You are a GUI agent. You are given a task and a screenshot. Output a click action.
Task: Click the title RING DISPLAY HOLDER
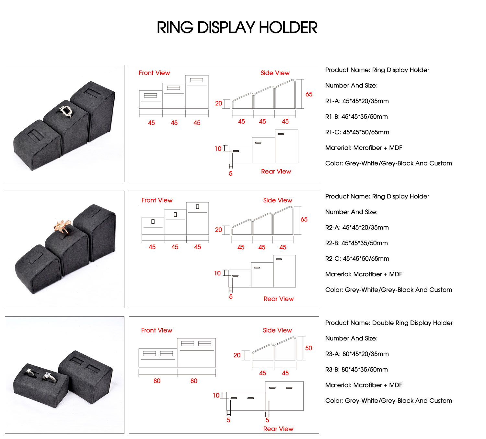click(x=237, y=28)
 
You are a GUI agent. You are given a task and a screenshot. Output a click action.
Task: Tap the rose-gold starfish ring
click(x=63, y=226)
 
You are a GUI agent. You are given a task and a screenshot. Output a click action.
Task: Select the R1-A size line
click(x=357, y=101)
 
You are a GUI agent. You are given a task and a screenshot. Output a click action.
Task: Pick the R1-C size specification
click(x=357, y=132)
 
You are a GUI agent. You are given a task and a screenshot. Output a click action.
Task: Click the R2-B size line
click(x=356, y=243)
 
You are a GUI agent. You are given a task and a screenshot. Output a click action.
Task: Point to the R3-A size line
click(x=357, y=354)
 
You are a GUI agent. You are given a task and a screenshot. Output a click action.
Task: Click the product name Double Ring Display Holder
click(x=389, y=323)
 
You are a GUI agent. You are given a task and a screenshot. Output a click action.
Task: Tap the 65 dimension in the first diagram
click(x=309, y=94)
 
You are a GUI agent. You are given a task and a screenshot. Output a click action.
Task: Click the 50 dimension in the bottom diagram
click(x=308, y=348)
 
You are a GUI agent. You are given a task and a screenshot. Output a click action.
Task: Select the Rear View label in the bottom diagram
click(x=278, y=429)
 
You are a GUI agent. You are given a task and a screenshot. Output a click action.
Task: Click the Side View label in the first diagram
click(x=275, y=73)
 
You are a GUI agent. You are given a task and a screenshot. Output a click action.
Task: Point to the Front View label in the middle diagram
click(x=157, y=200)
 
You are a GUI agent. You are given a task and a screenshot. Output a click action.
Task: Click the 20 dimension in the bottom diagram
click(x=237, y=355)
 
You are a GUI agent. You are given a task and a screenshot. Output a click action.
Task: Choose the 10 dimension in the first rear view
click(x=218, y=149)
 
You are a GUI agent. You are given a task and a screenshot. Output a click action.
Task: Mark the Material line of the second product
click(x=364, y=274)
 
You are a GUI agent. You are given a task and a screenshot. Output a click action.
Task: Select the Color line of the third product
click(x=388, y=401)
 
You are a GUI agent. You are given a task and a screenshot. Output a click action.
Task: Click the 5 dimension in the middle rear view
click(x=231, y=297)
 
